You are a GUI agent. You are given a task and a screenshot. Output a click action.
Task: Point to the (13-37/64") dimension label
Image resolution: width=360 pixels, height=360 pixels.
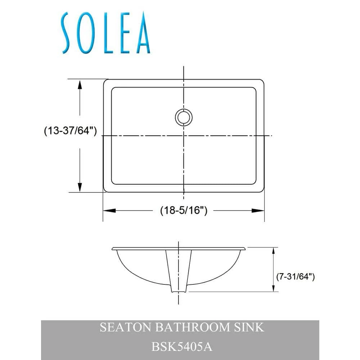(70, 131)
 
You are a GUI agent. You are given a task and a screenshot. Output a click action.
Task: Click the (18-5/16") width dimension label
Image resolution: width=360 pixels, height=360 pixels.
(184, 211)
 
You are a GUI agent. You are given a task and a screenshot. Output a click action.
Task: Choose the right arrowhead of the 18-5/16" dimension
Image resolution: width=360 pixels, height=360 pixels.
(259, 211)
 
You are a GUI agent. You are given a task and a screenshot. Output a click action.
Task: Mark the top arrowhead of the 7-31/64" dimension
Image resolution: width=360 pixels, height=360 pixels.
(274, 252)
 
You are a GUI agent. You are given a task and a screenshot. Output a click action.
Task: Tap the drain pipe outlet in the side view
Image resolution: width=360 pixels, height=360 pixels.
(179, 288)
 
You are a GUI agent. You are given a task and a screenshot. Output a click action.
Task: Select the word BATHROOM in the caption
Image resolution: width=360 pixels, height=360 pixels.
(189, 327)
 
